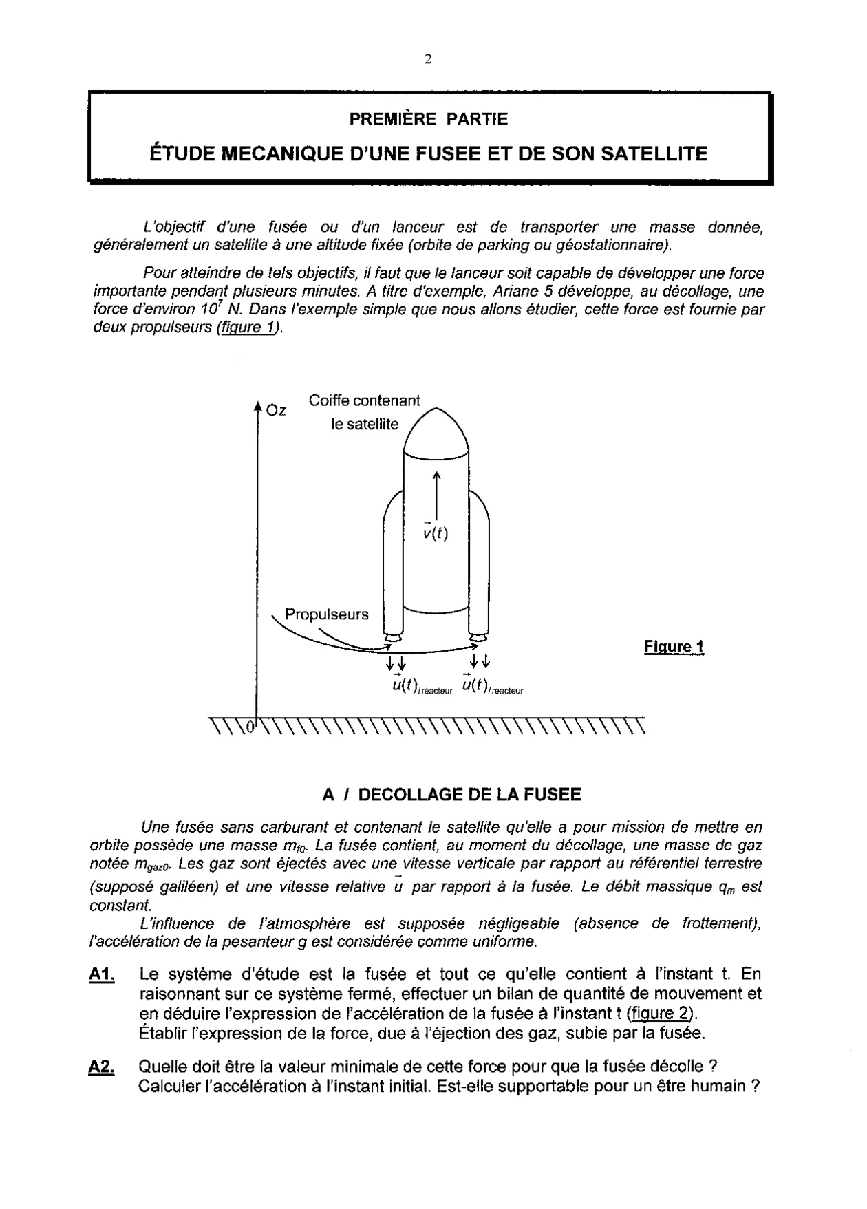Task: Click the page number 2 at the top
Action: [428, 59]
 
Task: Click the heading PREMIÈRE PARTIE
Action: [428, 119]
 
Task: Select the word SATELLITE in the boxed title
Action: [654, 153]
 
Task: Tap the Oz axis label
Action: [277, 411]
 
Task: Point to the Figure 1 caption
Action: [674, 647]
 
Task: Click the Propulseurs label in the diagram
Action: [326, 614]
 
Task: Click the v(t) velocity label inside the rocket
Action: [436, 532]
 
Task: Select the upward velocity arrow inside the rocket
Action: [436, 495]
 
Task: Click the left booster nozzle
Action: [393, 638]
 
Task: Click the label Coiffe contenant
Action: [364, 400]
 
